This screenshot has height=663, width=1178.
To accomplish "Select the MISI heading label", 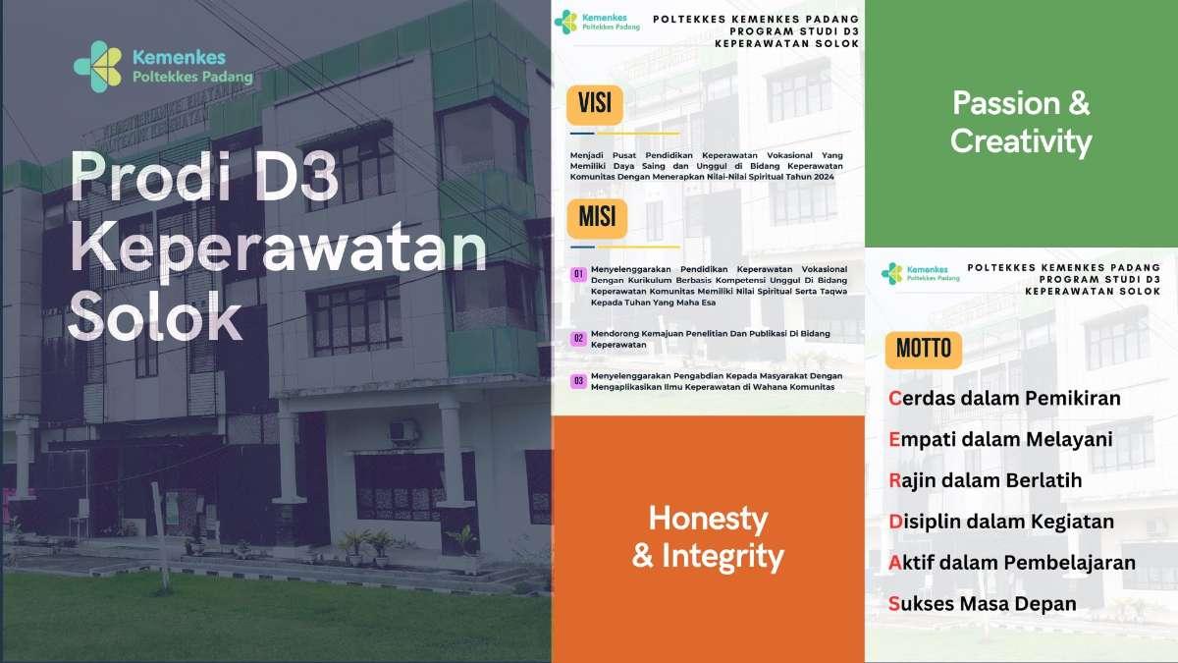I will coord(596,217).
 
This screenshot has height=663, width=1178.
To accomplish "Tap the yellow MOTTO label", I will coord(924,349).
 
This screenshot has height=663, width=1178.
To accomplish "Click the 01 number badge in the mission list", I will coord(579,273).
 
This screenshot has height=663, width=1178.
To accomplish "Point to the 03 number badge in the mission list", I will coord(579,381).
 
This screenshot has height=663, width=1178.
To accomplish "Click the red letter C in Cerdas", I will coord(894,399).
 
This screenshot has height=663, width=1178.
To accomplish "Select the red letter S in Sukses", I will coord(894,604).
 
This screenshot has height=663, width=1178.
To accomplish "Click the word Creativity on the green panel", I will coord(1021,142).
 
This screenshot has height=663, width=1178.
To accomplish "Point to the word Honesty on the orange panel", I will coord(708,519).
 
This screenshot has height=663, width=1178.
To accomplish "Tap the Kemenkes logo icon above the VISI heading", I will coord(565,21).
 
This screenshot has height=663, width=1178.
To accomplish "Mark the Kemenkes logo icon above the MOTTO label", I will coord(891,273).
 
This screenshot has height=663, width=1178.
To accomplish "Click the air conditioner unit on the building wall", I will coord(403,430).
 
